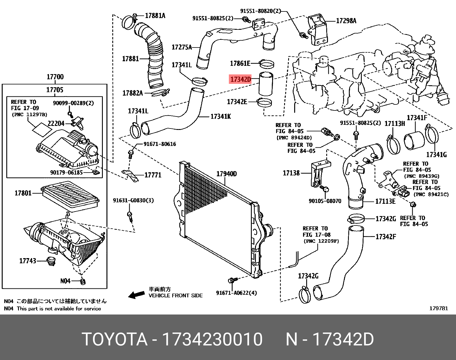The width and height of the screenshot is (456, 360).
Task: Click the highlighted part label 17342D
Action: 240,79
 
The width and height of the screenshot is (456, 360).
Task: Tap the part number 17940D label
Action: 226,174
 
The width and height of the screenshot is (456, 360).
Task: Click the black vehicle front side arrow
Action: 136,295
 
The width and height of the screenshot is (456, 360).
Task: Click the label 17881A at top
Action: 155,15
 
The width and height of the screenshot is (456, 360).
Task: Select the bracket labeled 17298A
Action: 318,30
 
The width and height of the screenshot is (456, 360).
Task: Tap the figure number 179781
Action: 438,308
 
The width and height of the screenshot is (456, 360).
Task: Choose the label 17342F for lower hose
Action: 386,237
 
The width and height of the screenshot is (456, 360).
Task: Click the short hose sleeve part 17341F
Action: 414,140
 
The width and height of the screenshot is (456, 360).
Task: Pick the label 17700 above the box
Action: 55,77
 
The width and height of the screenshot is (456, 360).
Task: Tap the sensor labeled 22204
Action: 78,122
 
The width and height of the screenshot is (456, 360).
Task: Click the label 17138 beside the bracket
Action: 291,173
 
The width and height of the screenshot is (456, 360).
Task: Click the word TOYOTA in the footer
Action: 115,339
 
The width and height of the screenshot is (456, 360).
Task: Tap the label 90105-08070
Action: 325,201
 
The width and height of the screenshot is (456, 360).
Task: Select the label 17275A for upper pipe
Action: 182,47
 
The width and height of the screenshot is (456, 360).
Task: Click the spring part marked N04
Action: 83,281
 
